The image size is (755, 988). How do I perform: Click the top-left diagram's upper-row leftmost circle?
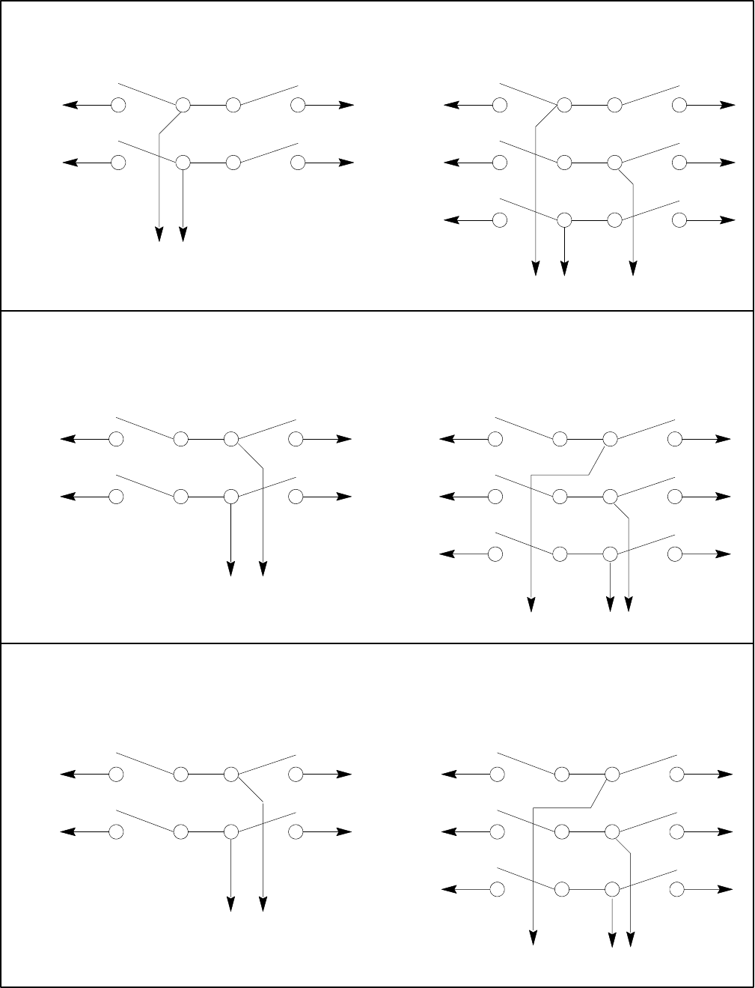118,105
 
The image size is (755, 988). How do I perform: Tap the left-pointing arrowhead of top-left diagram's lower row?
70,162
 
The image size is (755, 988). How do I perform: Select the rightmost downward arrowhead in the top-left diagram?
183,234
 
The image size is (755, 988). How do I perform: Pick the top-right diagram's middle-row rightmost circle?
679,162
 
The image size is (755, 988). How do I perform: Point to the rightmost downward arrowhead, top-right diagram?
633,268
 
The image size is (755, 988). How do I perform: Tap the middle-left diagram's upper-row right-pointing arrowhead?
344,439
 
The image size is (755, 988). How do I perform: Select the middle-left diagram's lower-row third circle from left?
231,496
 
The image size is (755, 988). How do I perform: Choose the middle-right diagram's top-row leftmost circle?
495,439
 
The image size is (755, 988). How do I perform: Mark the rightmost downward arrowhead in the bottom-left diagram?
263,905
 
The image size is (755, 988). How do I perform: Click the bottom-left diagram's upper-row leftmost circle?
116,774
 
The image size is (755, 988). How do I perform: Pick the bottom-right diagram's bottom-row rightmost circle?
677,889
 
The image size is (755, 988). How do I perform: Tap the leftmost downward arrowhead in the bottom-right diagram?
534,938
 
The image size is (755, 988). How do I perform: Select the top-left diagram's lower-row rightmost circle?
298,162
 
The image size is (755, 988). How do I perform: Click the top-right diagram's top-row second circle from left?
564,105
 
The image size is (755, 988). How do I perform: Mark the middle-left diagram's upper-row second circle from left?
181,439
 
